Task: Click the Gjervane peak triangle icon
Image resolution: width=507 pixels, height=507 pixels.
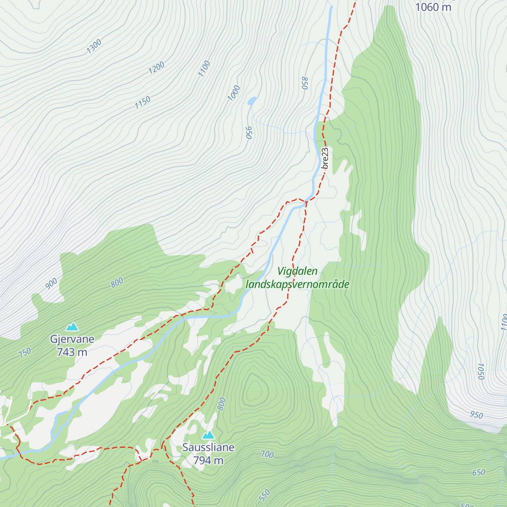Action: [x=72, y=327]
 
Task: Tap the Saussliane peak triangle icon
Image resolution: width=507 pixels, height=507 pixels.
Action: [x=208, y=435]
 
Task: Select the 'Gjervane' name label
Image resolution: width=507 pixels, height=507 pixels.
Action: [x=72, y=339]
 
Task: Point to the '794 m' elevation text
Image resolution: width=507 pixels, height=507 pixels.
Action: [x=208, y=461]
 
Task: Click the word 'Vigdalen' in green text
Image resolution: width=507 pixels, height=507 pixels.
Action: [x=297, y=271]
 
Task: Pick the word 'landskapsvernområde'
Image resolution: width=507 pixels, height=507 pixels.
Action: [x=297, y=284]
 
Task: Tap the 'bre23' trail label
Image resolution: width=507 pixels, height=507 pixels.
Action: [x=325, y=158]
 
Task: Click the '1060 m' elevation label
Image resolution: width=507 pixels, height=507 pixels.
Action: [x=433, y=7]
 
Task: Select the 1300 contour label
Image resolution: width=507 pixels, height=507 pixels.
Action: [x=94, y=46]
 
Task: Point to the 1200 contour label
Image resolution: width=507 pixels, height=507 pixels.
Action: [x=156, y=68]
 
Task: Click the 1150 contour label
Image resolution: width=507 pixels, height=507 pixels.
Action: [x=142, y=103]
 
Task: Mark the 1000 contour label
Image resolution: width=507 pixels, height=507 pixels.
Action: [x=234, y=93]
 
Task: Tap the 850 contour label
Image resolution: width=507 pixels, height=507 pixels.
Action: [x=305, y=83]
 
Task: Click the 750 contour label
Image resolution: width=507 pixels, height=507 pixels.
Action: [x=25, y=353]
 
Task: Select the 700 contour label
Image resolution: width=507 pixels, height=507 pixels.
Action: [x=267, y=455]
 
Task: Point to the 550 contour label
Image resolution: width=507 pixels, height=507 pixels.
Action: [x=264, y=495]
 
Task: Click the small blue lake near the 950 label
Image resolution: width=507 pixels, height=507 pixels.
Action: [x=252, y=101]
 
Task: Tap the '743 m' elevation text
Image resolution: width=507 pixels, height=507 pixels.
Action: [x=72, y=352]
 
